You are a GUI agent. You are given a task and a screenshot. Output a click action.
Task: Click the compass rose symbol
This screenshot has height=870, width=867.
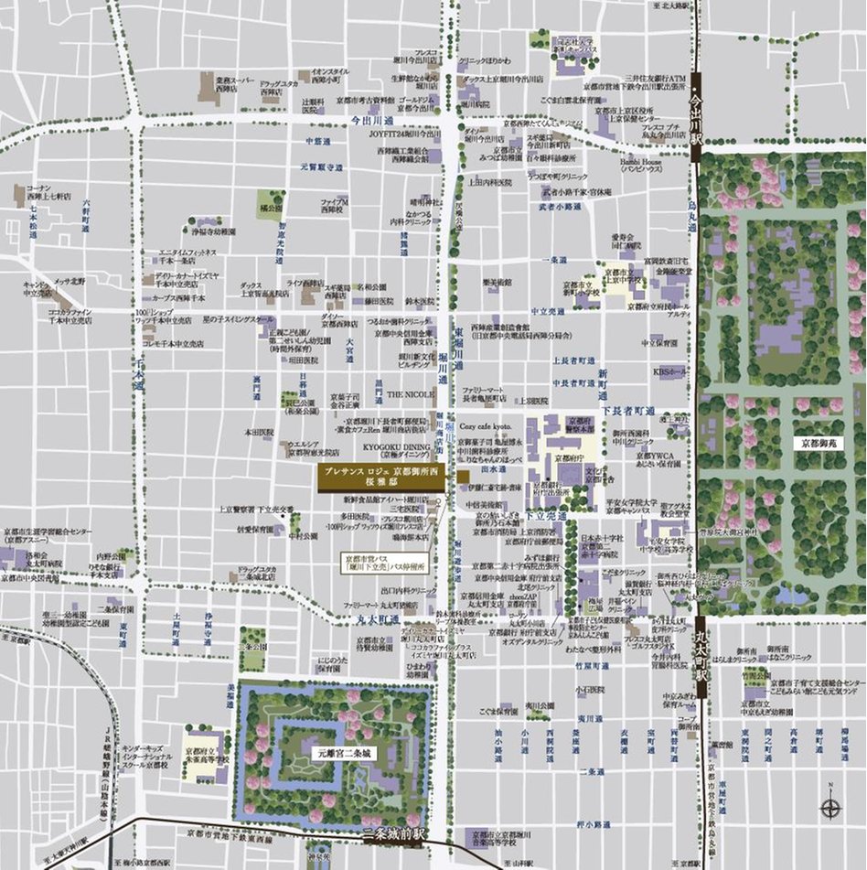831,806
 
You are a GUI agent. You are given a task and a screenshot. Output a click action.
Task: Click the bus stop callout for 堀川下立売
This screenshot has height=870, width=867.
377,561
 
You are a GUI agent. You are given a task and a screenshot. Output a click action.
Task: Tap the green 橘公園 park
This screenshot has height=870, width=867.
269,203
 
